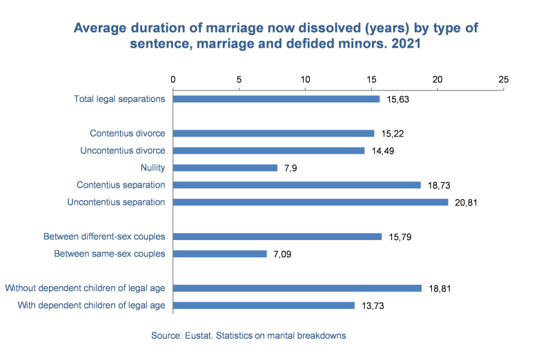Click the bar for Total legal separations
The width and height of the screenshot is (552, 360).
[x=276, y=99]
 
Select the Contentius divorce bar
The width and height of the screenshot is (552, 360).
[x=273, y=133]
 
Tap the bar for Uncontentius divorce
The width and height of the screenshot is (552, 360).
[x=268, y=150]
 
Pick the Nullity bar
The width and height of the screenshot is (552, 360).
[x=225, y=168]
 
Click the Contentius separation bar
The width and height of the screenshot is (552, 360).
[x=296, y=185]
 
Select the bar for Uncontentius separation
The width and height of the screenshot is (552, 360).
[x=310, y=202]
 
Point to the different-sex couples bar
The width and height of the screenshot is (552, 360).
[x=277, y=237]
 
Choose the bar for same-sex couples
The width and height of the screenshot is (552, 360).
[x=219, y=254]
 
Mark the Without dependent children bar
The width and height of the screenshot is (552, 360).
[x=297, y=288]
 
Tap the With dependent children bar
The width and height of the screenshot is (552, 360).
[x=264, y=306]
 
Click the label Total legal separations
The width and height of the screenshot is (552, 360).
[x=119, y=99]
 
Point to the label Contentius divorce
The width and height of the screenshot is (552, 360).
[x=127, y=133]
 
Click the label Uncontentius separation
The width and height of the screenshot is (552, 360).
[x=116, y=202]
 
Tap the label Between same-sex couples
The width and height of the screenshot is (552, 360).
[x=110, y=254]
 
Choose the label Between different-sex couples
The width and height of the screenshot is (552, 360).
[x=104, y=237]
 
